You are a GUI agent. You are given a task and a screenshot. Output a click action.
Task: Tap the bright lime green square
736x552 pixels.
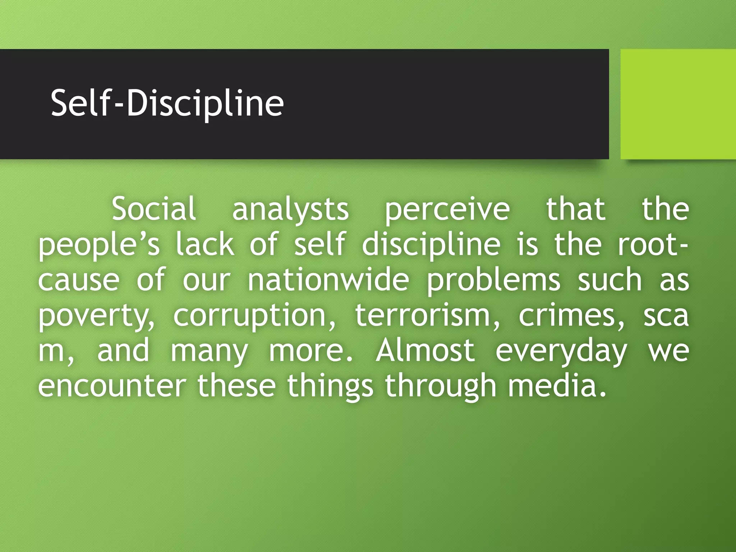click(678, 104)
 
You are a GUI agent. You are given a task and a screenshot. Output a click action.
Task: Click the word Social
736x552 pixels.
click(154, 209)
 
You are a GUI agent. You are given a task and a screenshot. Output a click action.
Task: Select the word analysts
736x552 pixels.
click(290, 210)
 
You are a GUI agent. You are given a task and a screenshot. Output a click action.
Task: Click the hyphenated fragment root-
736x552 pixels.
click(652, 244)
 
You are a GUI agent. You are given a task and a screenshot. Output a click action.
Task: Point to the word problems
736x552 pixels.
click(493, 281)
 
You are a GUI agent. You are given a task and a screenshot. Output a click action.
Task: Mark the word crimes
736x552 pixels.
click(571, 315)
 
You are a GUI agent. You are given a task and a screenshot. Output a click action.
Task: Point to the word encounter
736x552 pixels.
click(112, 385)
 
